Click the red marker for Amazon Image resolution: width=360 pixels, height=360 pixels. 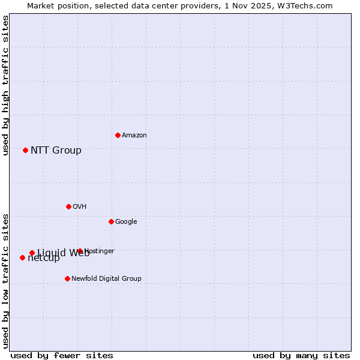tap(118, 135)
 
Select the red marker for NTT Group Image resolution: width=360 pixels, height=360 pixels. tap(25, 150)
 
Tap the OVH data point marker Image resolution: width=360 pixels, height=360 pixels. tap(68, 206)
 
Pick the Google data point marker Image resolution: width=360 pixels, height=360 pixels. tap(111, 221)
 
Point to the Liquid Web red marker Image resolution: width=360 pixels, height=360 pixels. tap(32, 253)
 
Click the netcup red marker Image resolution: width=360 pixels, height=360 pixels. tap(22, 257)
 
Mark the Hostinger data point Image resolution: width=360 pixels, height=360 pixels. tap(80, 251)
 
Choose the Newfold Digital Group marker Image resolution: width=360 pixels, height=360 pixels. tap(67, 278)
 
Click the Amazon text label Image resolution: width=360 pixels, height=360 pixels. tap(134, 136)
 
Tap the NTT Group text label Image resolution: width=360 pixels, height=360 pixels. tap(56, 151)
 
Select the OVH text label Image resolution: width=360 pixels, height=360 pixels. tap(80, 207)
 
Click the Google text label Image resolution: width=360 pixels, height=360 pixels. tap(126, 222)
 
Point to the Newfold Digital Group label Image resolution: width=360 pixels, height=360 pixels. tap(106, 279)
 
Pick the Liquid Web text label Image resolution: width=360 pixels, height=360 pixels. tap(63, 253)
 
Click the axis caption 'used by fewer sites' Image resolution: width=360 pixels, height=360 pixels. tap(62, 355)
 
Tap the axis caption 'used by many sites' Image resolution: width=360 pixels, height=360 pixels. tap(301, 355)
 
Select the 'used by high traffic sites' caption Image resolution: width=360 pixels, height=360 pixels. tap(5, 86)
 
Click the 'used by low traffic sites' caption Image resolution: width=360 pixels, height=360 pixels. tap(5, 280)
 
